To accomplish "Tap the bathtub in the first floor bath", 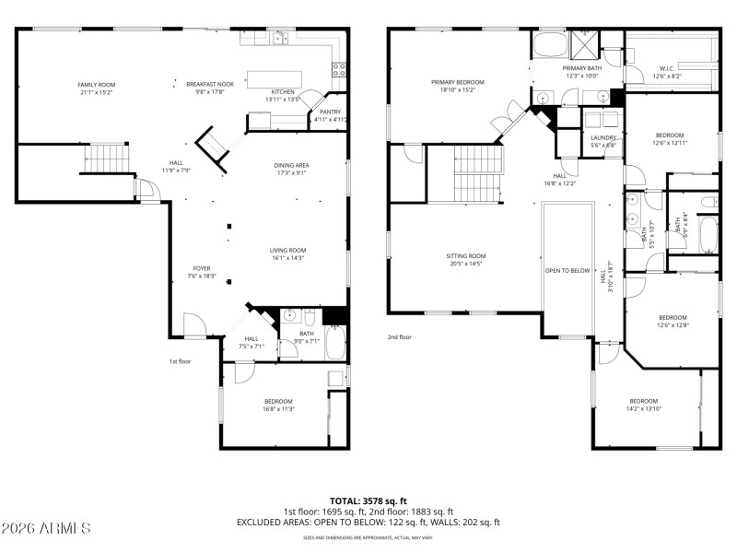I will [334, 348].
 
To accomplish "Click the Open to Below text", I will [567, 270].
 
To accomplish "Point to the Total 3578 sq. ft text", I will [368, 500].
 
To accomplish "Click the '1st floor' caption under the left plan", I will [181, 361].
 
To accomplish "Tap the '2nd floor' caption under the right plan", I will [400, 337].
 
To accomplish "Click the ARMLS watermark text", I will [46, 528].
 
